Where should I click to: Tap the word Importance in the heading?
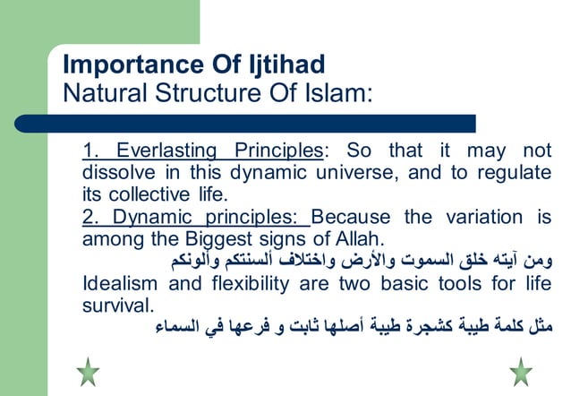point(127,65)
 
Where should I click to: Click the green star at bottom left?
point(88,371)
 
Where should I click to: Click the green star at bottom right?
point(520,371)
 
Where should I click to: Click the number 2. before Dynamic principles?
point(90,217)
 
